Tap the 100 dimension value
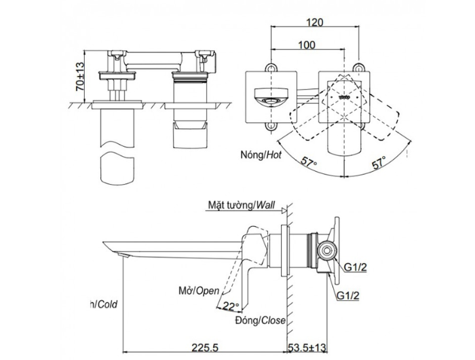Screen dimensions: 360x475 pyautogui.click(x=306, y=45)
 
